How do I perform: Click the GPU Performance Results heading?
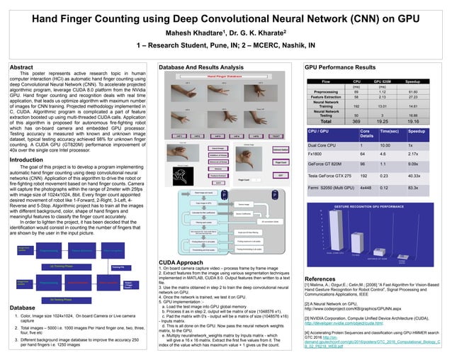tap(339, 67)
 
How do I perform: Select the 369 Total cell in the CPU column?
tap(356, 122)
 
